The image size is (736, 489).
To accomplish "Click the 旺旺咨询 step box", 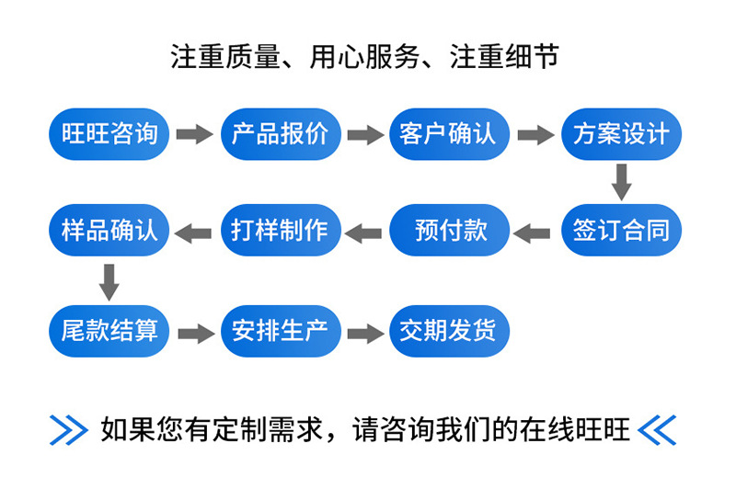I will [x=109, y=134].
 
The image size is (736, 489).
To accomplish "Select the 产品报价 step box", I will [x=281, y=134].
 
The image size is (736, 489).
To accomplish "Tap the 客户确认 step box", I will [x=450, y=134].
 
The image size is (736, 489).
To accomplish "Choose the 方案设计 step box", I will [x=621, y=134].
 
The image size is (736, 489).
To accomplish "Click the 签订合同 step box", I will [x=621, y=230].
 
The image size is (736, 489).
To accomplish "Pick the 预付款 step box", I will [x=450, y=230].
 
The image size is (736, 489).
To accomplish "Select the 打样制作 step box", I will [x=281, y=230].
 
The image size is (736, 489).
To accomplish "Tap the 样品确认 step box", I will [x=109, y=230].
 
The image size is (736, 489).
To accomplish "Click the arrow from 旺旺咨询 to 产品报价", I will [x=194, y=135].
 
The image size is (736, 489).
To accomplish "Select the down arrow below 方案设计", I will [x=622, y=182].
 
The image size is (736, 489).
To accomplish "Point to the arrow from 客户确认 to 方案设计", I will [x=535, y=135].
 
